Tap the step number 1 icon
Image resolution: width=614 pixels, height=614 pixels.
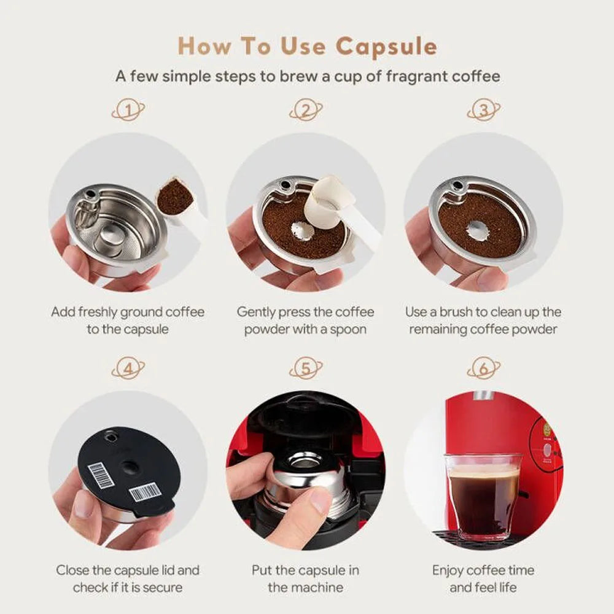(x=128, y=111)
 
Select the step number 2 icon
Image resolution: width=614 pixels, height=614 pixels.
(x=306, y=111)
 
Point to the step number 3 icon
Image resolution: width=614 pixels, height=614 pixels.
(x=484, y=111)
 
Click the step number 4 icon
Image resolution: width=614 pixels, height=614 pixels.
(x=128, y=369)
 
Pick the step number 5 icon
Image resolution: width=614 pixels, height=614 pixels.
(x=306, y=369)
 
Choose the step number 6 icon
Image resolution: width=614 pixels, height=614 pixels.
(x=484, y=369)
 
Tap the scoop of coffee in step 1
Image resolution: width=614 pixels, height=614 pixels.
(x=175, y=195)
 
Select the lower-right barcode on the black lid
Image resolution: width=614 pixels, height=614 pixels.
(x=146, y=492)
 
